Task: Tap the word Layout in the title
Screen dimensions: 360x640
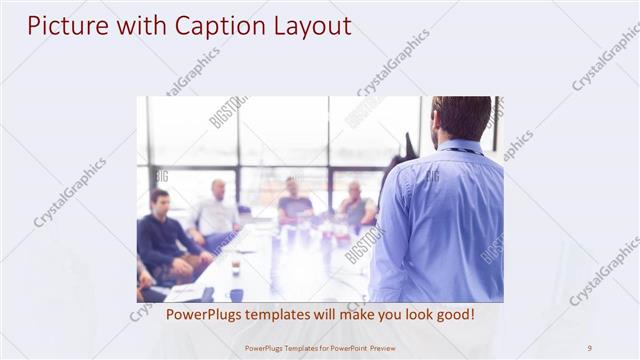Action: pyautogui.click(x=313, y=26)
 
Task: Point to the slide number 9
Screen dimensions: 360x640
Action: pyautogui.click(x=589, y=348)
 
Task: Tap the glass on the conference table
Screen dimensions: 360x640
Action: pyautogui.click(x=236, y=265)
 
